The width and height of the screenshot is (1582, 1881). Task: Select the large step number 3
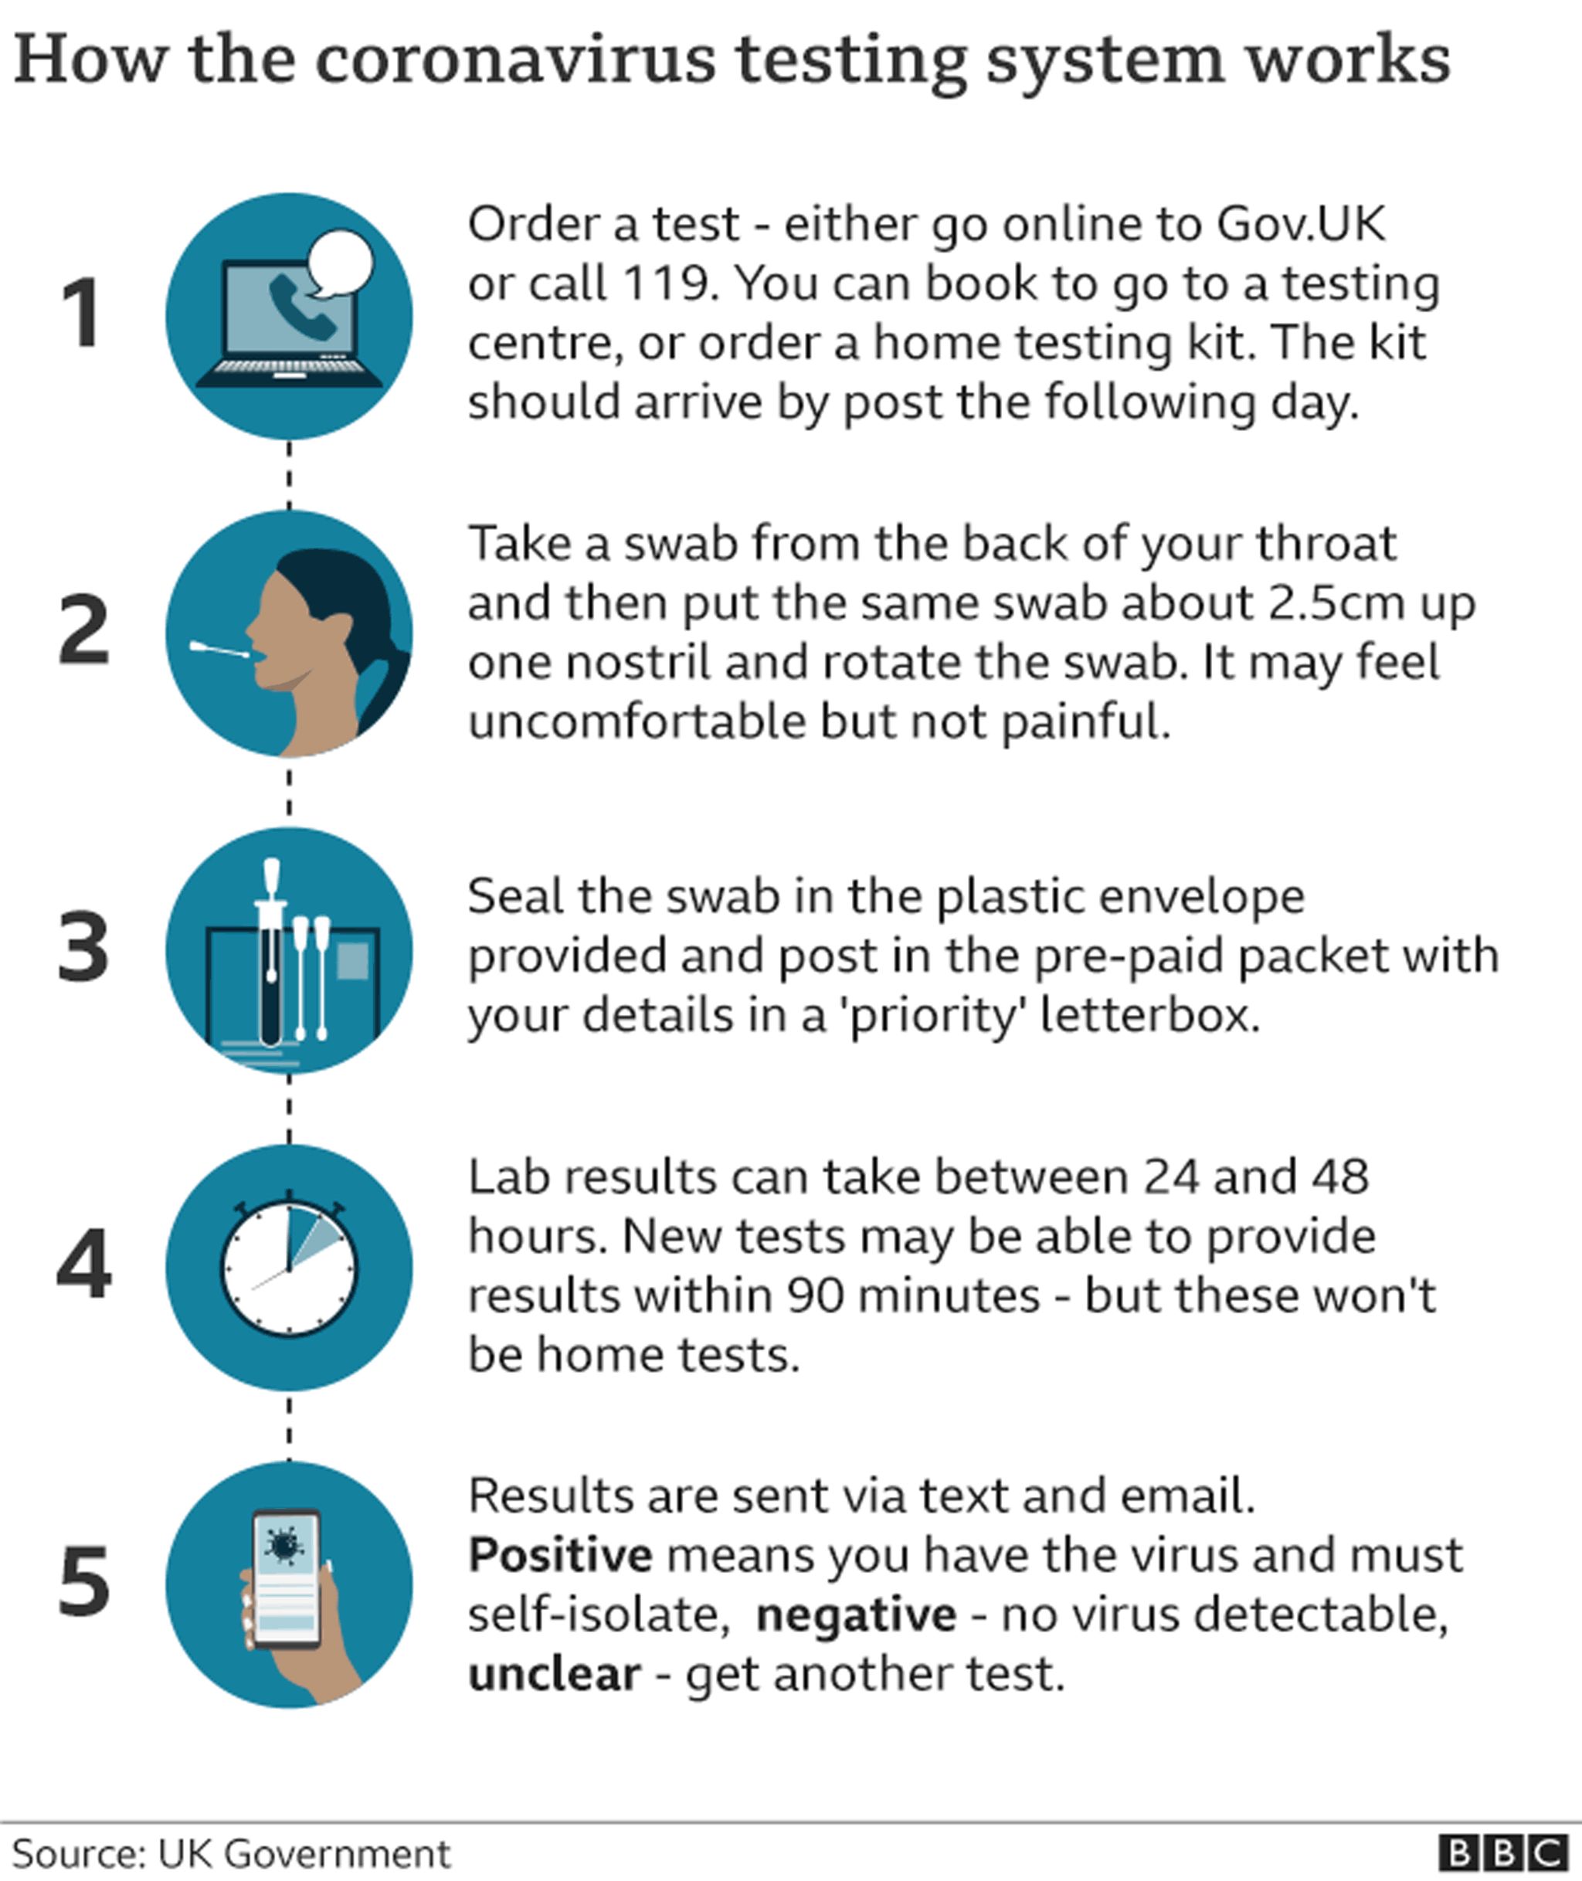(x=83, y=947)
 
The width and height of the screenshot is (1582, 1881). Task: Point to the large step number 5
(x=84, y=1582)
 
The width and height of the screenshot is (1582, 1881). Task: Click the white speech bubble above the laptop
(x=339, y=262)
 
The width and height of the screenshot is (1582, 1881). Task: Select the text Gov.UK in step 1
(x=1300, y=223)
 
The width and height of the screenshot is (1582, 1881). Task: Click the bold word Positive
(x=559, y=1555)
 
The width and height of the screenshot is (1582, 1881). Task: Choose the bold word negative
(x=857, y=1614)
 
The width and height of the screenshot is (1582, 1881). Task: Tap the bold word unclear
(x=554, y=1674)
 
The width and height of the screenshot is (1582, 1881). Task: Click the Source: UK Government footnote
(x=232, y=1853)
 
